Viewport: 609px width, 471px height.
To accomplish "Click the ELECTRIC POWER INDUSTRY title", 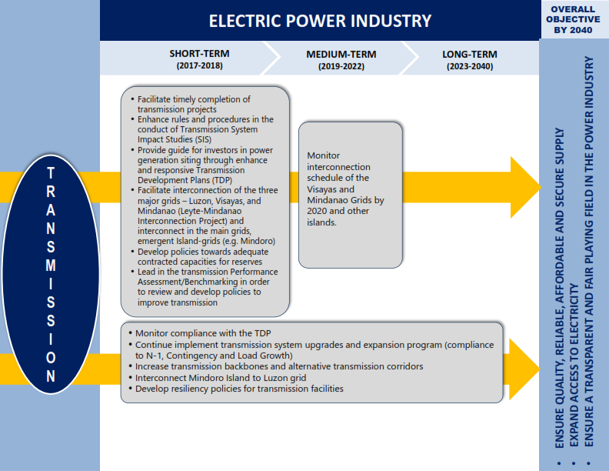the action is [320, 21].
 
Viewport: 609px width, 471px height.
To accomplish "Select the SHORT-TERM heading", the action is [199, 54].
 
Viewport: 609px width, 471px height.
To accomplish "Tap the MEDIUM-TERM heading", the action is [341, 55].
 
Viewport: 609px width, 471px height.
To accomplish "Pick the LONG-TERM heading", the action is [470, 55].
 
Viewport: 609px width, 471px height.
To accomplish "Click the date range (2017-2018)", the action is [200, 65].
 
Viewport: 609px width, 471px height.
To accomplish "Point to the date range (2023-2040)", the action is [470, 66].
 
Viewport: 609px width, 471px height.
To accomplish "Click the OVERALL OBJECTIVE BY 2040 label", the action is [573, 19].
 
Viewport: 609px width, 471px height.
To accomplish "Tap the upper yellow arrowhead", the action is [526, 187].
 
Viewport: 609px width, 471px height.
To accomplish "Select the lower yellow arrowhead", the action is [524, 369].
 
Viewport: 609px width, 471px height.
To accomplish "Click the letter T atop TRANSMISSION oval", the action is [51, 173].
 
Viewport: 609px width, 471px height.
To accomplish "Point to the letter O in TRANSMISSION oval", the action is [51, 358].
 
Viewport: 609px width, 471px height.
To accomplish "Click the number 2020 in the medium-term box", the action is [317, 211].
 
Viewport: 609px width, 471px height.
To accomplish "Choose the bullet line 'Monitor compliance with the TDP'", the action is [203, 333].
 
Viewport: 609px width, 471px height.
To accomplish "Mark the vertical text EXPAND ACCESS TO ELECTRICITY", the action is [574, 366].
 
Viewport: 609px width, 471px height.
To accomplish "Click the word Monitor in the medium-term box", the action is [323, 155].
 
